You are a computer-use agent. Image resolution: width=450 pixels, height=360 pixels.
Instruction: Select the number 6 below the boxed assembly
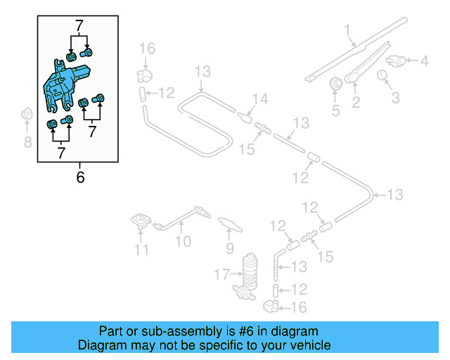coord(79,177)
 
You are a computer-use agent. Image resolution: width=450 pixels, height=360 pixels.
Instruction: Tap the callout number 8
coord(27,143)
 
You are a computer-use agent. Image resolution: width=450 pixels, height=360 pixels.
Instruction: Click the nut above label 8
coord(27,113)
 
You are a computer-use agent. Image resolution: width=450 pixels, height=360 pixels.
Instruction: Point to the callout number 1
coord(347,30)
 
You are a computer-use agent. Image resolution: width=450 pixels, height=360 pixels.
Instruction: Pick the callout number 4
coord(424,61)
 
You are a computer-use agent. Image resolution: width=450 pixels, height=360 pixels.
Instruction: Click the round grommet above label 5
coord(336,84)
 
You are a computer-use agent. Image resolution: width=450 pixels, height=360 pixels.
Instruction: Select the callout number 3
coord(395,98)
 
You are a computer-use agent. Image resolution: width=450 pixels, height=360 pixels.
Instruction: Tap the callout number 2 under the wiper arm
coord(356,104)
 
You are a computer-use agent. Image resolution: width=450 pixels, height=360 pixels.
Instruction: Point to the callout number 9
coord(229,248)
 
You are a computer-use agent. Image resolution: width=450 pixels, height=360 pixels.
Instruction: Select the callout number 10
coord(183,243)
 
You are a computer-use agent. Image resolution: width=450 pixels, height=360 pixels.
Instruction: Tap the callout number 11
coord(141,249)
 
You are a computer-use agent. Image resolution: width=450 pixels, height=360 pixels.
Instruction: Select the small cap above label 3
coord(384,75)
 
